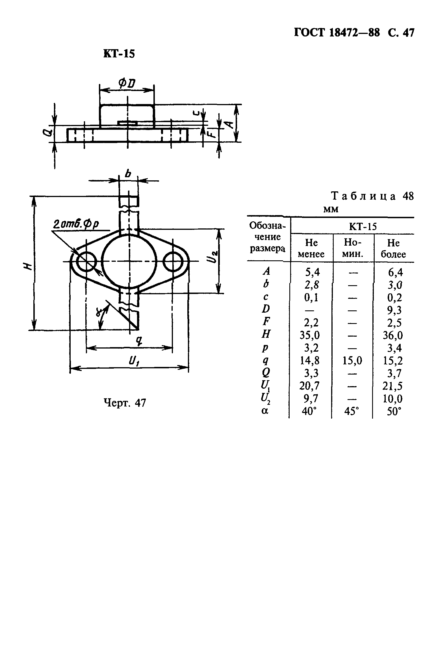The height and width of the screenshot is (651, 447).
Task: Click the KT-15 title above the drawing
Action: tap(119, 53)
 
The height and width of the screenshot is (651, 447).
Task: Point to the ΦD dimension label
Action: tap(127, 83)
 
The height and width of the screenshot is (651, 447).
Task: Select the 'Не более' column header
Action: tap(393, 248)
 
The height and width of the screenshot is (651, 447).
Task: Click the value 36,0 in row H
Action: tap(393, 336)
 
